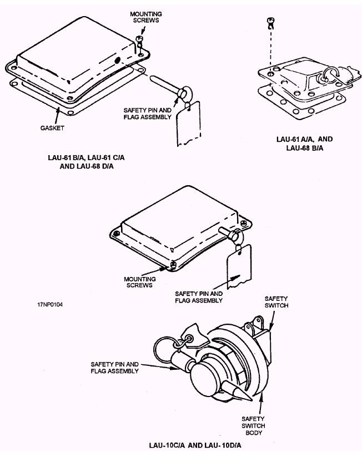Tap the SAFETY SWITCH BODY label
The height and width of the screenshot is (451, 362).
[253, 426]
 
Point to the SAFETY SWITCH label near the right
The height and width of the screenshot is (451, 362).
[276, 302]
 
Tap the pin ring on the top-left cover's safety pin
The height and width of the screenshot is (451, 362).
[182, 92]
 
